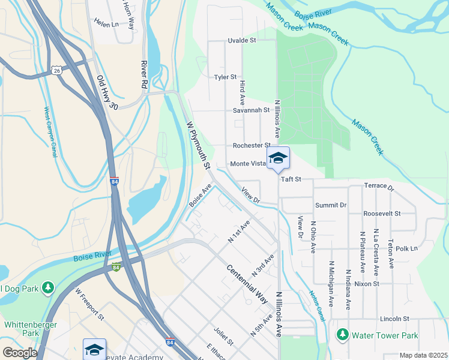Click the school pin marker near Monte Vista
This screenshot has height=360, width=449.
[x=278, y=158]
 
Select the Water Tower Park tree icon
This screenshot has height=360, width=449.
[x=343, y=335]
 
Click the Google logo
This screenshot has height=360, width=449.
[x=19, y=353]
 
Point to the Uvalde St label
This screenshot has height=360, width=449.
[x=242, y=41]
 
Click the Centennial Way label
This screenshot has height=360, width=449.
[x=247, y=283]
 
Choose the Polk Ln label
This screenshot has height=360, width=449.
[x=406, y=248]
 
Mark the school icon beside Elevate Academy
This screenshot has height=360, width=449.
[x=94, y=349]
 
